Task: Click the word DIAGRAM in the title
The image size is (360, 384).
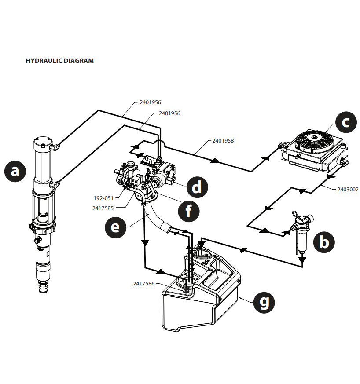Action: point(79,61)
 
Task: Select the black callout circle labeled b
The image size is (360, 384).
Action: point(324,242)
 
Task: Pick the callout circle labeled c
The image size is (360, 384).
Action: point(345,123)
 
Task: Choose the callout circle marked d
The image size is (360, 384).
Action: point(196,187)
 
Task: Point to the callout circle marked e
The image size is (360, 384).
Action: point(115,227)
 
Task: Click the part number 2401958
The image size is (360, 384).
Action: point(223,141)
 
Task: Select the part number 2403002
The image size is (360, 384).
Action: point(348,190)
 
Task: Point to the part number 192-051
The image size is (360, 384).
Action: point(103,198)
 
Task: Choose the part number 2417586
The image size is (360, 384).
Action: point(143,284)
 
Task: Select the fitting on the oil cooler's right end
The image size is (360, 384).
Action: point(344,163)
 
